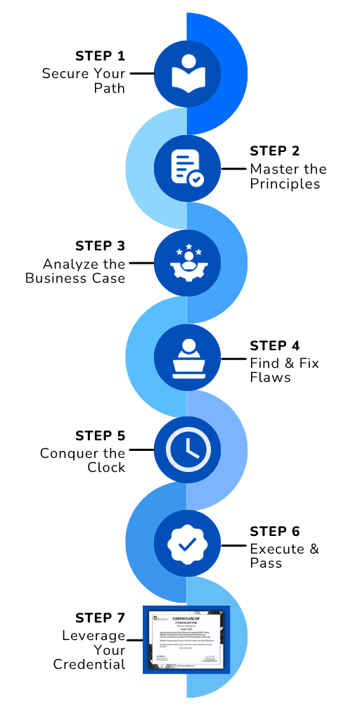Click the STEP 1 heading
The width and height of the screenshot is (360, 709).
(100, 56)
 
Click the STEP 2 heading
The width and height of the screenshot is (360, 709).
(275, 151)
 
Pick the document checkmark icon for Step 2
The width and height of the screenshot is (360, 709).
(186, 167)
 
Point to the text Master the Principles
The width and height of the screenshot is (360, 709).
(288, 177)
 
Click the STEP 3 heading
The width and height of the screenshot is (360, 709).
(100, 245)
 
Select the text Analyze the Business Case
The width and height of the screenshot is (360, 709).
(75, 271)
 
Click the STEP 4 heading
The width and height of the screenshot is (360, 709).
(275, 345)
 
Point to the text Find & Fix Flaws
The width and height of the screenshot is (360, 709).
(284, 370)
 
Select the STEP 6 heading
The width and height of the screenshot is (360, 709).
(275, 531)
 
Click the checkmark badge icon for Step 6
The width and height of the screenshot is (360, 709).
(186, 544)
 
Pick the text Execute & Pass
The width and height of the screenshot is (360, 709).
(284, 556)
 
